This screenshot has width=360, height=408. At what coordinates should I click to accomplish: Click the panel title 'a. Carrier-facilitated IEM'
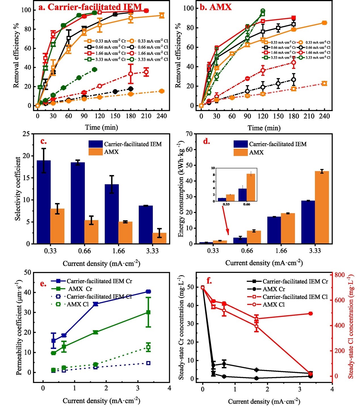pos(90,7)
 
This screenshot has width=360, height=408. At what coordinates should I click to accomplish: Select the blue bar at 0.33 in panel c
pos(44,202)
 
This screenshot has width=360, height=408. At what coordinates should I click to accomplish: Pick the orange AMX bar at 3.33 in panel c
pos(159,238)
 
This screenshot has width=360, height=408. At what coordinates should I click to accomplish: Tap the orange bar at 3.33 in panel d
pos(322,207)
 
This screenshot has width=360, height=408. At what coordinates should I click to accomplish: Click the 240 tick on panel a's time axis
pos(162,116)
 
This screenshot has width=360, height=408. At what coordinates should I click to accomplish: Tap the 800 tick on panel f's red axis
pos(339,275)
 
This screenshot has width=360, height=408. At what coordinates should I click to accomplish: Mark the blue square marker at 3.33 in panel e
pos(148,292)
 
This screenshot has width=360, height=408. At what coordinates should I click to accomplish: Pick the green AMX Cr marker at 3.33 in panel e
pos(148,312)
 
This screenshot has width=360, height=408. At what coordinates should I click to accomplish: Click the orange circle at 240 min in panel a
pos(162,91)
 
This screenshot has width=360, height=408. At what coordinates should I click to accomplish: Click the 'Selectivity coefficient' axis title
pos(18,189)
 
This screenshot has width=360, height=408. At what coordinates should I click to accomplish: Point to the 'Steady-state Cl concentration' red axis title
pos(351,326)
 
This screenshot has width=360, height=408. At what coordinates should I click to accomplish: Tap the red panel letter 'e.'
pos(43,284)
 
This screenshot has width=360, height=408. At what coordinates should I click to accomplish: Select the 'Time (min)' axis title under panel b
pos(264,128)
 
